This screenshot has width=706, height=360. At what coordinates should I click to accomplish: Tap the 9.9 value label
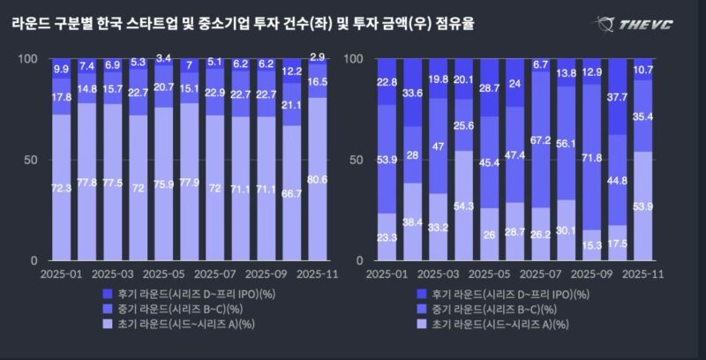click(61, 68)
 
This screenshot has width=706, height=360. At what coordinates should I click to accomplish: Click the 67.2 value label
click(540, 139)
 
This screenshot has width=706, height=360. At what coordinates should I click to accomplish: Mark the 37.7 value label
click(617, 97)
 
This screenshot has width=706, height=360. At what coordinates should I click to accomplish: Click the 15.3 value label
click(591, 244)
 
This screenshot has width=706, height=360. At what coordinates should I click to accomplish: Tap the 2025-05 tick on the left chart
click(163, 274)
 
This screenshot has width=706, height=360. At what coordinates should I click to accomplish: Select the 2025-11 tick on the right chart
click(642, 274)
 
